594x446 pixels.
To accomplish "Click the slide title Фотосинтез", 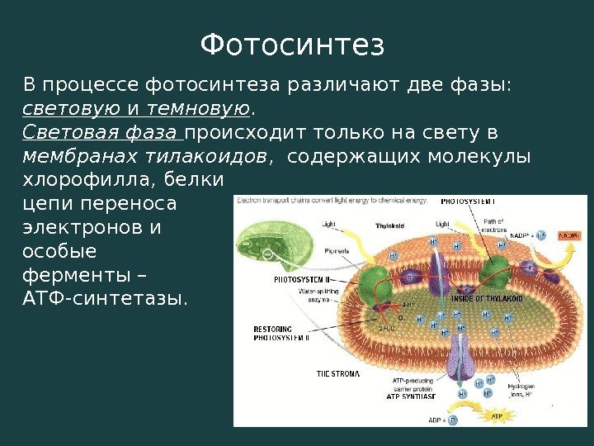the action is point(293,45).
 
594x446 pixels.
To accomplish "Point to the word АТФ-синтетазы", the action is point(105,297).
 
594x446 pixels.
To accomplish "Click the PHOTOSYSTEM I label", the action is point(467,201).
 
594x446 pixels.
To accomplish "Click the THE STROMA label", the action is point(338,374).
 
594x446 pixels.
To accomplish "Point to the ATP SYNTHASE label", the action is point(411,396).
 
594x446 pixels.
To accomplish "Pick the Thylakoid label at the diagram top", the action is point(390,225).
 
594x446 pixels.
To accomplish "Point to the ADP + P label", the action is point(441,420).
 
